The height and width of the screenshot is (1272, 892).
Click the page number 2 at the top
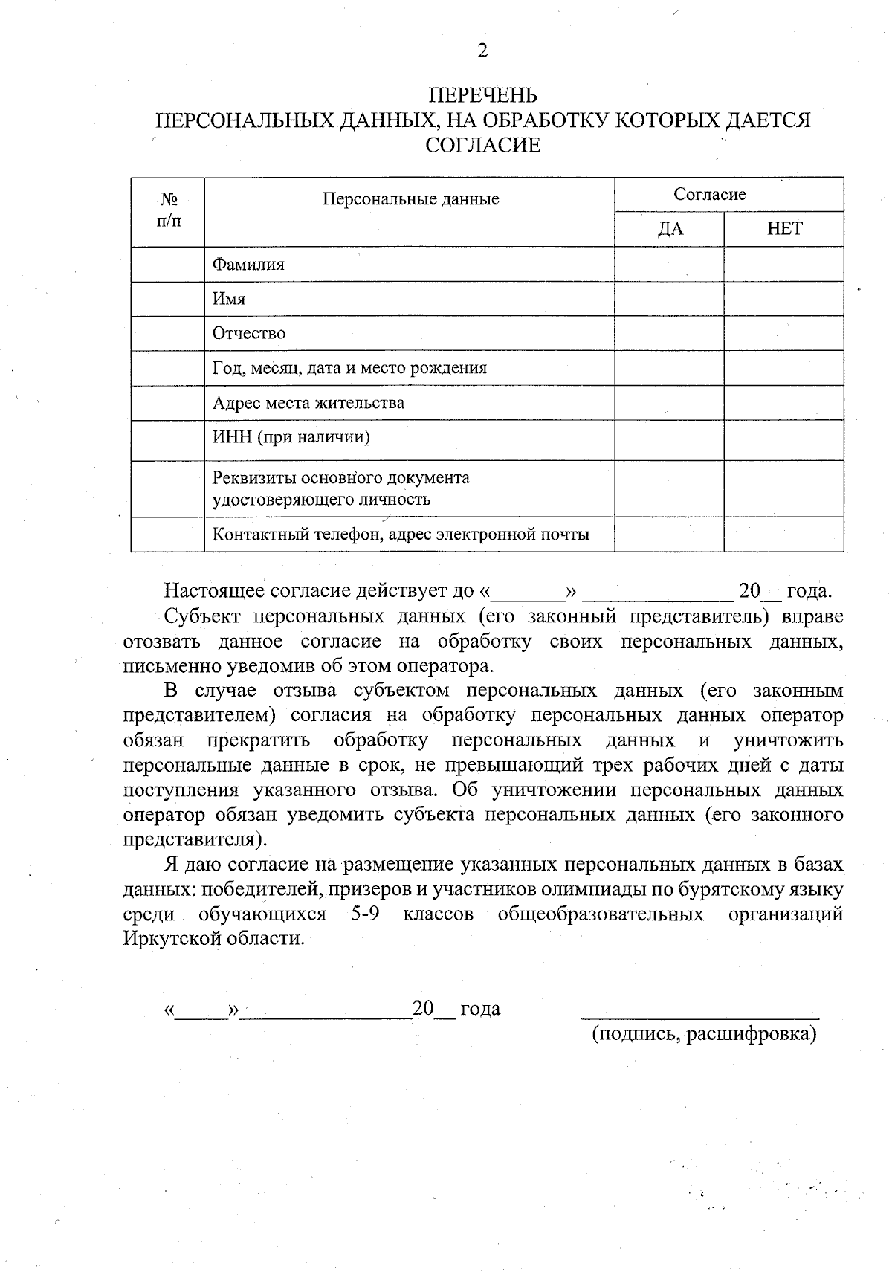point(482,51)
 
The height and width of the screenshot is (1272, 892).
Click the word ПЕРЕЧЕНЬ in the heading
point(482,95)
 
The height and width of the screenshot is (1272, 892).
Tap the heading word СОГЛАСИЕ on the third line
point(482,145)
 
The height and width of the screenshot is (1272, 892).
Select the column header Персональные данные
point(410,198)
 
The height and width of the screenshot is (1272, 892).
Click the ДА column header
point(670,229)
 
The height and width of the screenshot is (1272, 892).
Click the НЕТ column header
point(784,229)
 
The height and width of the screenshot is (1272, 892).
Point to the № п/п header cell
point(169,210)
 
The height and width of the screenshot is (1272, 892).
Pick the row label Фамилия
point(248,264)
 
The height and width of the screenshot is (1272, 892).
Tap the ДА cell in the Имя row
point(669,299)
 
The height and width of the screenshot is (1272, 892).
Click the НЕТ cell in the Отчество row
point(783,333)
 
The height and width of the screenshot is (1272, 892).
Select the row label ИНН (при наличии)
point(291,436)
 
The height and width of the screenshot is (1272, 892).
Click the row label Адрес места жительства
point(308,403)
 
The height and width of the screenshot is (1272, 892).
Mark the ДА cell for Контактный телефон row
point(669,534)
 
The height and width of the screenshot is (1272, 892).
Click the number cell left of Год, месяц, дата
point(168,368)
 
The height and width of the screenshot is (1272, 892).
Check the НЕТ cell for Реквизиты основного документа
point(783,488)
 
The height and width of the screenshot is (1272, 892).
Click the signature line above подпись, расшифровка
point(699,1016)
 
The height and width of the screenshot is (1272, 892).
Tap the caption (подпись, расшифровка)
point(704,1034)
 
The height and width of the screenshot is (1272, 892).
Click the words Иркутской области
point(213,938)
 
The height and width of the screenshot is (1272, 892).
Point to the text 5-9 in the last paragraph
point(365,914)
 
